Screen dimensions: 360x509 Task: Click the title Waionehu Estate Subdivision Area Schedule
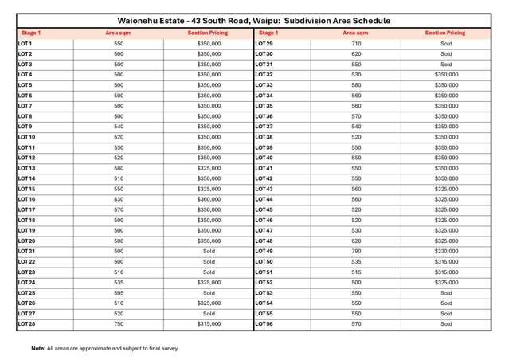(x=254, y=20)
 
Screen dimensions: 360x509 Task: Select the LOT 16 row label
(x=26, y=199)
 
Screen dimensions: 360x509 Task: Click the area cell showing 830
(x=119, y=199)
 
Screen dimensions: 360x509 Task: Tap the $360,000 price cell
(x=209, y=199)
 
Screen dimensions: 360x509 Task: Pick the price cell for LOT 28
(x=209, y=324)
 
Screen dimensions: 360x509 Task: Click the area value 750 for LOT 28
(x=119, y=324)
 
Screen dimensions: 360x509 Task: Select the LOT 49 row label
(x=264, y=251)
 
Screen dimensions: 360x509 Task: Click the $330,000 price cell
(x=446, y=251)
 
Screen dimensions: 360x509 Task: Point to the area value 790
(x=356, y=251)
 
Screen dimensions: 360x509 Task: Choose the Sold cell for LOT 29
(x=446, y=44)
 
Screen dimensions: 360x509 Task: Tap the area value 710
(x=356, y=44)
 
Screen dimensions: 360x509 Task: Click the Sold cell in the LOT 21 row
(x=209, y=251)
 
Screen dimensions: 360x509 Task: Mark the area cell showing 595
(x=119, y=293)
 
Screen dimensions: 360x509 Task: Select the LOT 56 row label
(x=264, y=324)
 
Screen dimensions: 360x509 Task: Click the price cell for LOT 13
(x=209, y=168)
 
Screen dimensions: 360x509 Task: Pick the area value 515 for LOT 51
(x=356, y=272)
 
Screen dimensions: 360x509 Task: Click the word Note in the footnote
(x=38, y=348)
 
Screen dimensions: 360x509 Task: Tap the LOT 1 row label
(x=25, y=44)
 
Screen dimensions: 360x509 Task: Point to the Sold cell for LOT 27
(x=209, y=314)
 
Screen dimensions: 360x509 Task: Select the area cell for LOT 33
(x=356, y=85)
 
